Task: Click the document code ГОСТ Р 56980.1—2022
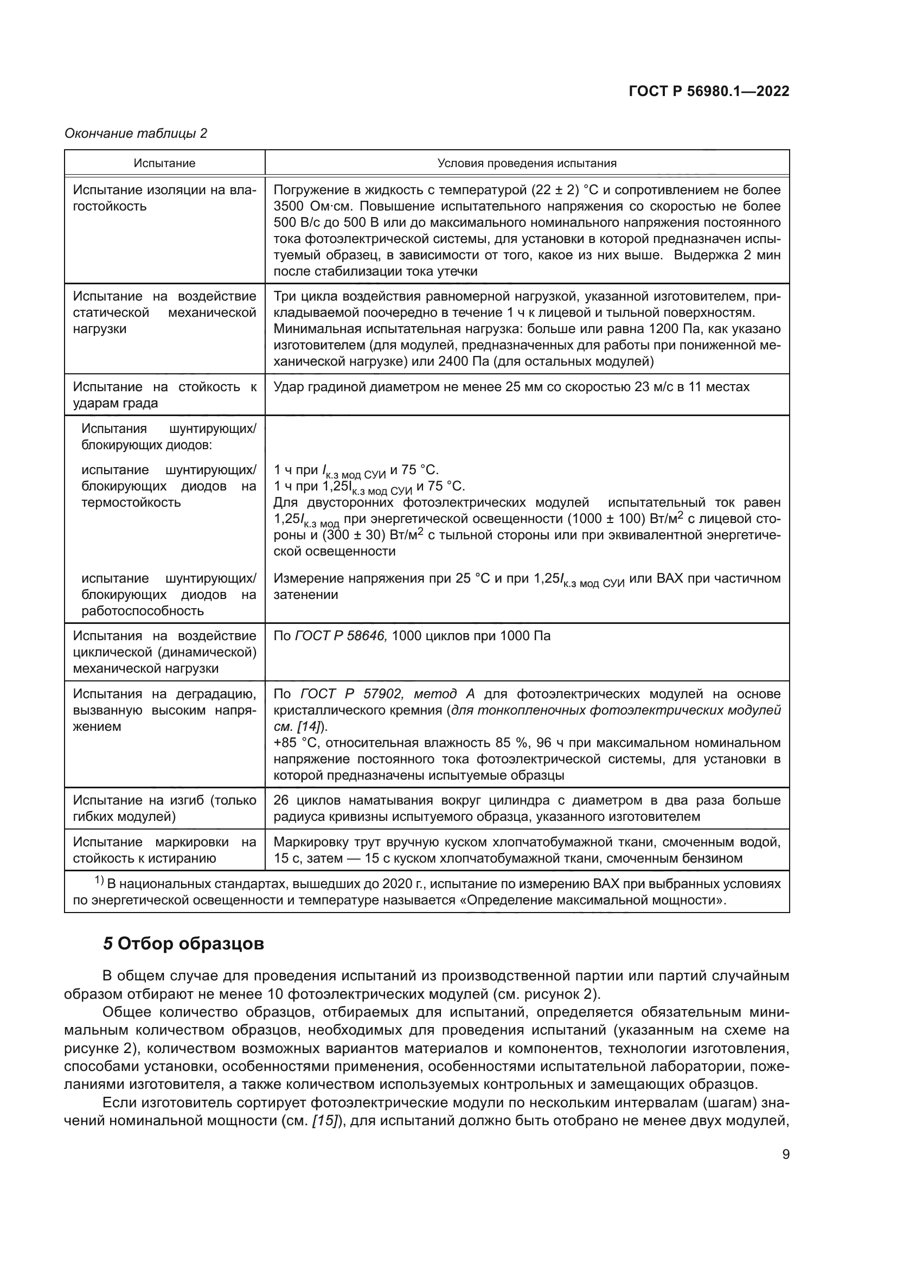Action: (709, 92)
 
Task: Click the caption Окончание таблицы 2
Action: (136, 133)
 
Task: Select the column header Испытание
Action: (165, 164)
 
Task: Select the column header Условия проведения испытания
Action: (527, 164)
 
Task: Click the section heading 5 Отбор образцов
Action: (183, 944)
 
